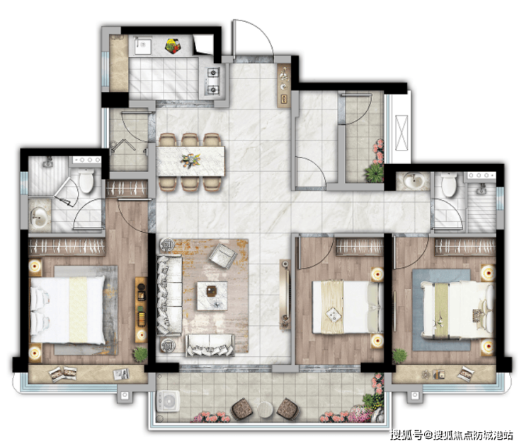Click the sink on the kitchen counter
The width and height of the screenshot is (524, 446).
[x=143, y=45]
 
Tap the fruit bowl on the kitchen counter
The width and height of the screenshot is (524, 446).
[x=173, y=46]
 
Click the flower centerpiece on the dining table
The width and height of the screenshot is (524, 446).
[x=190, y=160]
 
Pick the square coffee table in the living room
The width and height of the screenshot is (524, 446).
[x=212, y=296]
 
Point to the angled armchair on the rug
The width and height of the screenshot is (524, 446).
[x=222, y=256]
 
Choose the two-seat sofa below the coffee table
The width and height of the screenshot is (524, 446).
[x=210, y=345]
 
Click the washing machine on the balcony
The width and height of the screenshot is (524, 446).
[x=168, y=401]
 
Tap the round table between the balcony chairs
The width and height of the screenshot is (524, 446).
[x=266, y=409]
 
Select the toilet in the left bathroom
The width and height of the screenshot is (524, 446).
[x=86, y=180]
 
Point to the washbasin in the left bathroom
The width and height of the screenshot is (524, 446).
[x=40, y=217]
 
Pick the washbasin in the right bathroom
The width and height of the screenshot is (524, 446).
[x=414, y=181]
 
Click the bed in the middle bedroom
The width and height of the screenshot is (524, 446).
[x=348, y=307]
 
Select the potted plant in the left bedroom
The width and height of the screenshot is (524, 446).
[x=140, y=354]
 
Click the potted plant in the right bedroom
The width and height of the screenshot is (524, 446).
[x=399, y=356]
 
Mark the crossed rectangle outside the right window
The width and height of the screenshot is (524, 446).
[x=401, y=133]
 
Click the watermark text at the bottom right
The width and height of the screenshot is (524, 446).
[x=452, y=435]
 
